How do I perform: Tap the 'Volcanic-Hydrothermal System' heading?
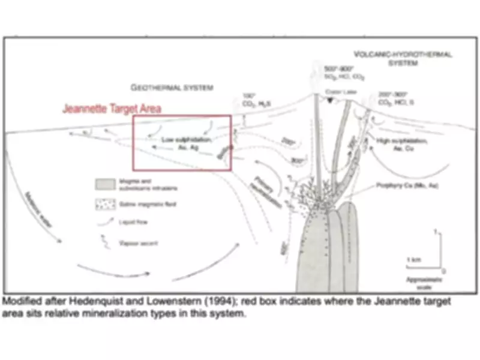click(x=403, y=58)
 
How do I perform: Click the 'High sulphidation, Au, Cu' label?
click(x=403, y=143)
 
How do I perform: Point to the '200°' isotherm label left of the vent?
click(x=289, y=142)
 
